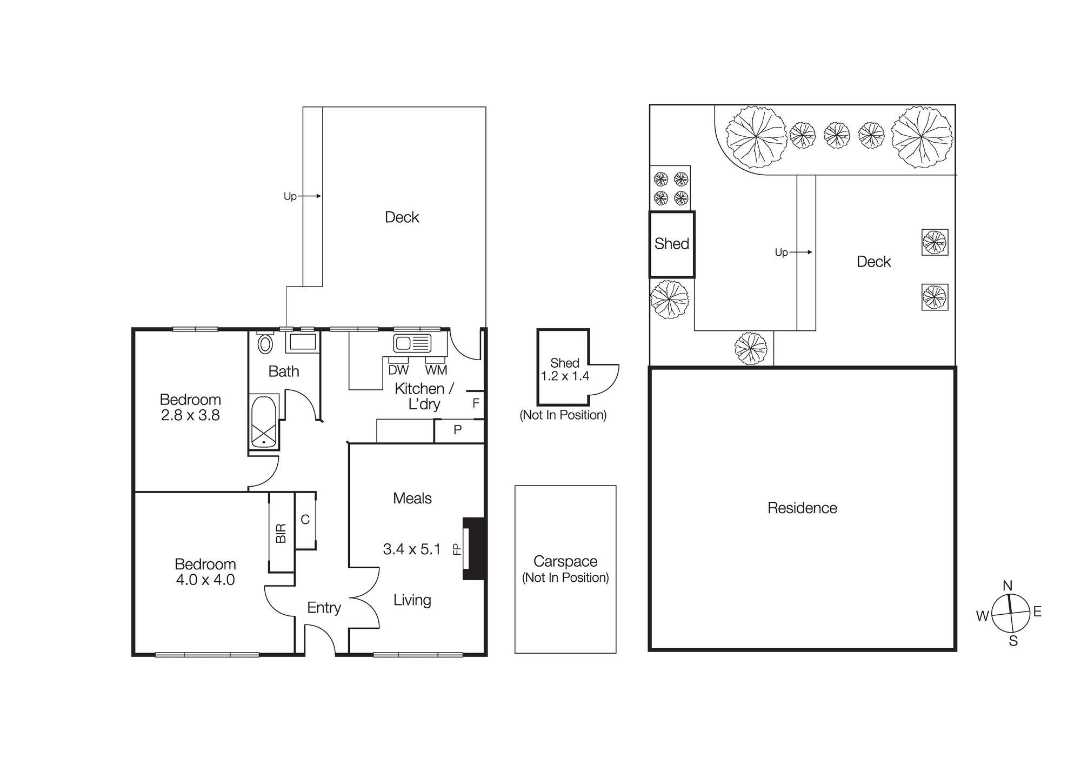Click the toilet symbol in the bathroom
pos(265,344)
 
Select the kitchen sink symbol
pos(412,343)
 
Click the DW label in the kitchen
pos(398,370)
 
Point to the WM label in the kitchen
pos(436,370)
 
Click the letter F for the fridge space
pos(476,403)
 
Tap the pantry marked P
pos(458,430)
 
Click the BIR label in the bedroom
pos(281,533)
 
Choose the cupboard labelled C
pos(305,520)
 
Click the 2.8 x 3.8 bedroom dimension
pos(190,415)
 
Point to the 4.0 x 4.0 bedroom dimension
pos(205,580)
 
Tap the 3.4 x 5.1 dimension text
pos(412,549)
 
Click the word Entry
pos(324,608)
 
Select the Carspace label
pos(565,561)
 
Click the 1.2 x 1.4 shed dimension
pos(565,376)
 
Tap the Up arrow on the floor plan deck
pos(310,196)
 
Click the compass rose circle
pos(1011,613)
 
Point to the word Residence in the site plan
pos(802,508)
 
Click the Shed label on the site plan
pos(671,244)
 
